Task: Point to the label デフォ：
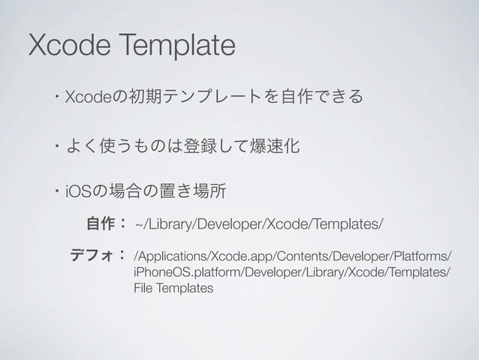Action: point(97,256)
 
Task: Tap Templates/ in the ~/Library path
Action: point(351,223)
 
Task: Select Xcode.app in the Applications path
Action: point(226,256)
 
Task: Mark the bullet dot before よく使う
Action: point(57,143)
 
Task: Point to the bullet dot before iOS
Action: point(57,188)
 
